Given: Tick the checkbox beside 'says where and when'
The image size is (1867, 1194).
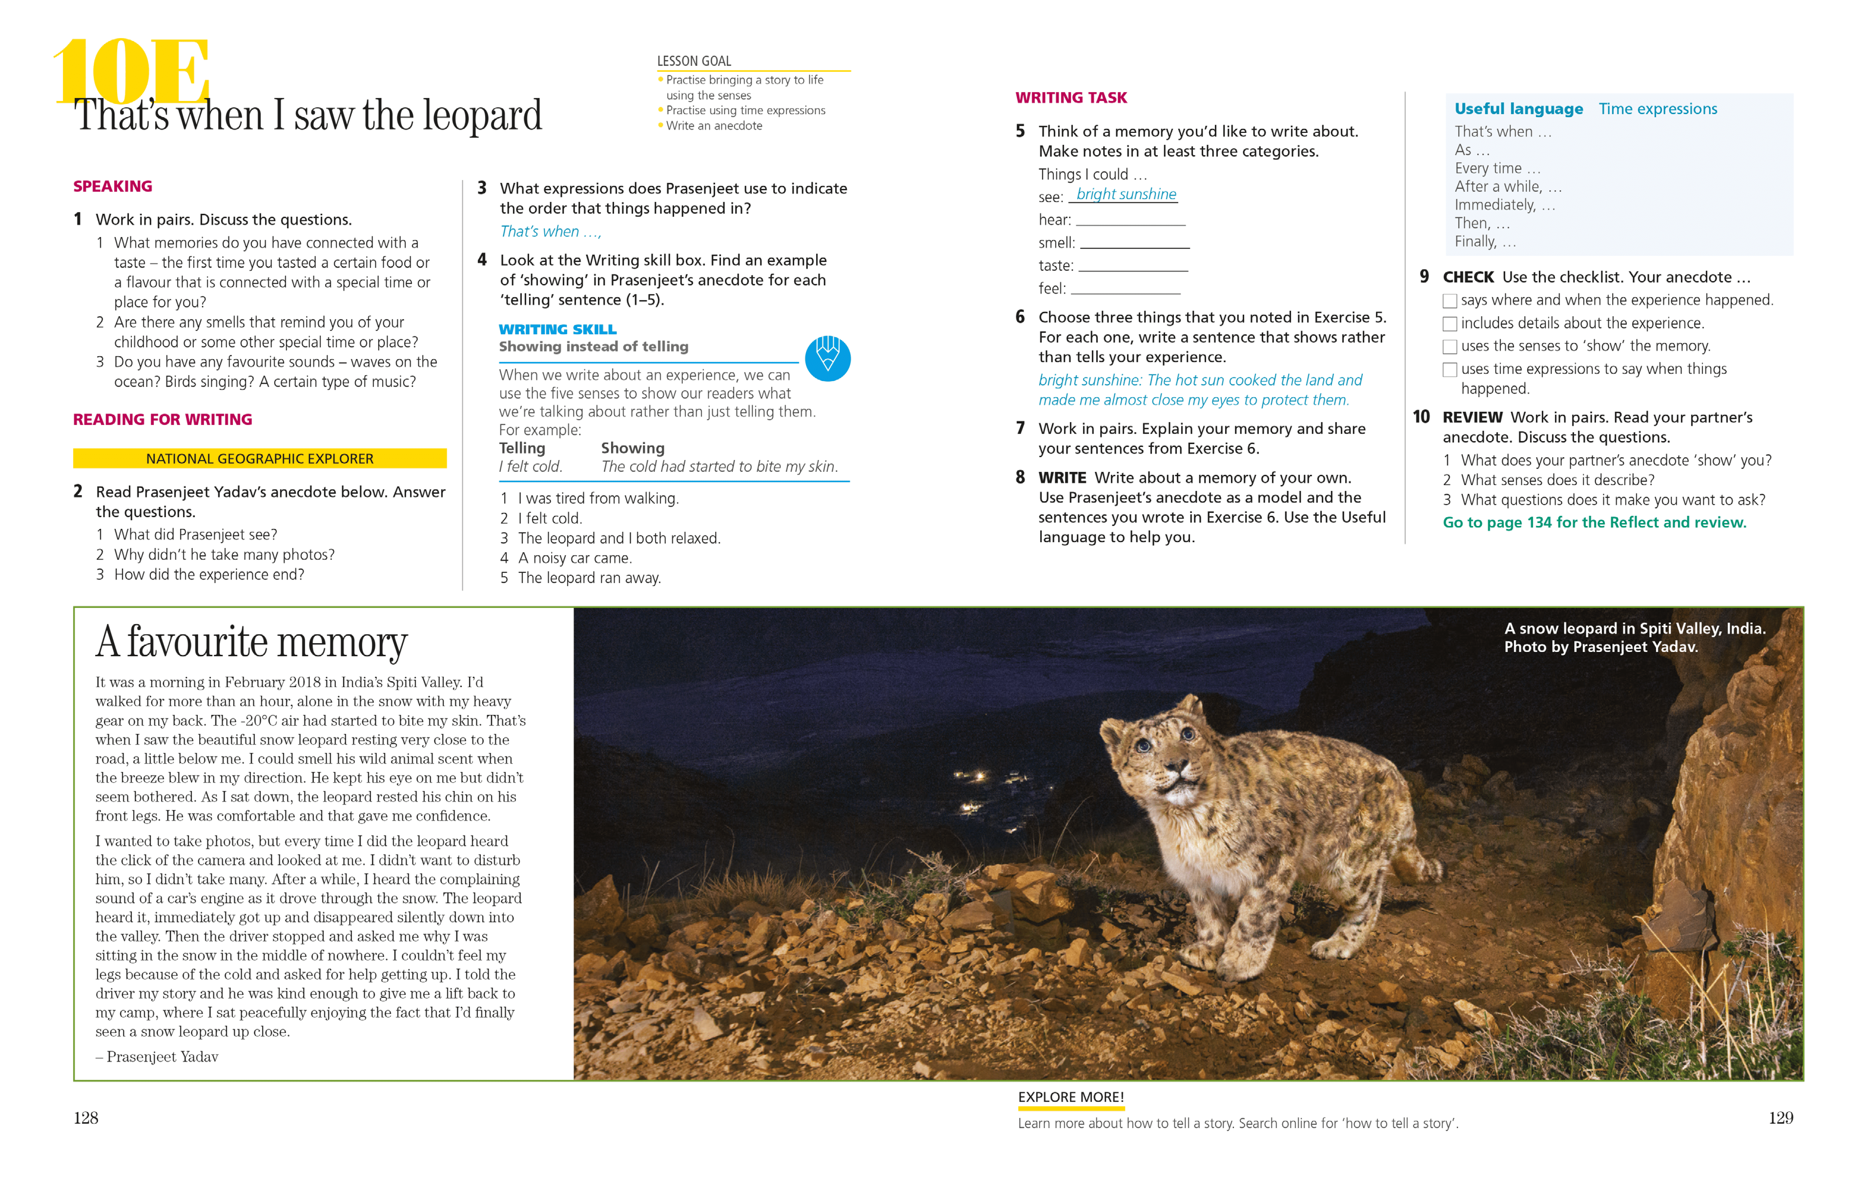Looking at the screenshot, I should click(1449, 301).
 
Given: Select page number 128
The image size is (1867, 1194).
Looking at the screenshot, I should click(86, 1118).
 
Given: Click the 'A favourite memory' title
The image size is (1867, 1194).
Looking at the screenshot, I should click(251, 643).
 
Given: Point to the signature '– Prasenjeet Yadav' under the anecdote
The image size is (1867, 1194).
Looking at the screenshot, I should click(157, 1057).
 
